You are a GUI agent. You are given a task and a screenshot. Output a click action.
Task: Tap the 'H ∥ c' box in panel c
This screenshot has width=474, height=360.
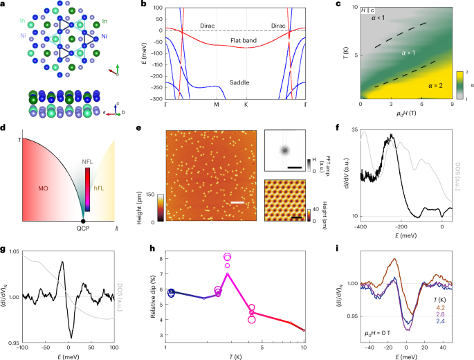coord(370,10)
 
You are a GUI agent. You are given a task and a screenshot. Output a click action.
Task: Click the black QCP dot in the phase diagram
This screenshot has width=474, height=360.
coord(84,220)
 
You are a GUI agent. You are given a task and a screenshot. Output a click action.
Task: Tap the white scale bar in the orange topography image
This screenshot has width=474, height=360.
coord(235,203)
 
